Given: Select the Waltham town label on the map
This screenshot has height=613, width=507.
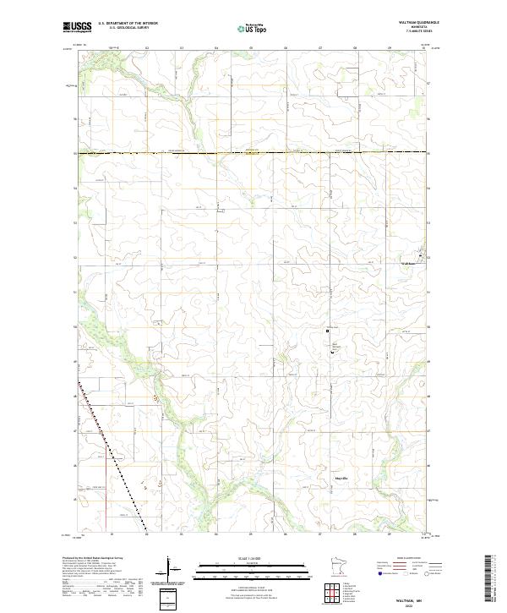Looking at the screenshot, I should pyautogui.click(x=410, y=263).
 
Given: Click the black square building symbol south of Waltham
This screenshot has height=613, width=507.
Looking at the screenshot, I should pyautogui.click(x=330, y=332).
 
